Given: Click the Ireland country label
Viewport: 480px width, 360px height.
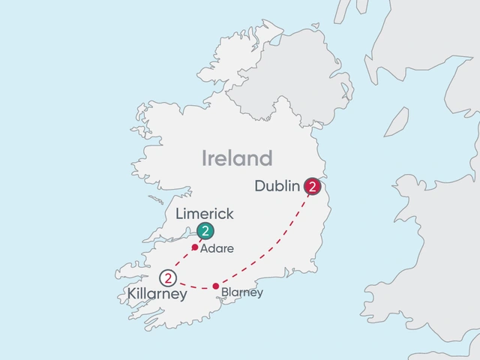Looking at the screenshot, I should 236,158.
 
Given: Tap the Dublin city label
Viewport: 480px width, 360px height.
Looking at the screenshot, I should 278,185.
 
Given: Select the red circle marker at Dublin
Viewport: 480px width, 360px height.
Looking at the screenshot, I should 312,186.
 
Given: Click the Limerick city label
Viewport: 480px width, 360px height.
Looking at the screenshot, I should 204,214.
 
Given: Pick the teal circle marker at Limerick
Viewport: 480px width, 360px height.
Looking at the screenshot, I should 204,231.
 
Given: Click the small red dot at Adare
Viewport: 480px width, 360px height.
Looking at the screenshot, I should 195,247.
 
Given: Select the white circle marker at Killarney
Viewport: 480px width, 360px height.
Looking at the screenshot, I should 169,278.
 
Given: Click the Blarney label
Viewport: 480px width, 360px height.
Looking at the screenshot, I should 242,292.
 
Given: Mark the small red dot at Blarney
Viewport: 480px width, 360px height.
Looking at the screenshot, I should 216,286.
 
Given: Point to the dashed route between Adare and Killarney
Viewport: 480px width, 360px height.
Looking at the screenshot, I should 182,262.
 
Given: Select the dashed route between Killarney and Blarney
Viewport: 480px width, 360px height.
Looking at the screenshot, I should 193,287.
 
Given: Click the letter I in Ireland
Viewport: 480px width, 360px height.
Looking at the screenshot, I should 205,158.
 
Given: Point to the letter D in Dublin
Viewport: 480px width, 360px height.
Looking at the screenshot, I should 259,185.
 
